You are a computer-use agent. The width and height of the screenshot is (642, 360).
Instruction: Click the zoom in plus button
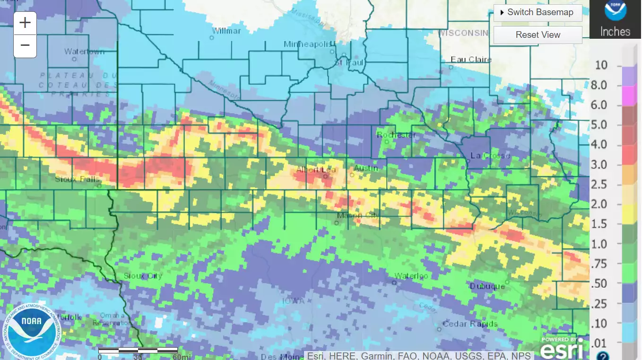click(x=25, y=23)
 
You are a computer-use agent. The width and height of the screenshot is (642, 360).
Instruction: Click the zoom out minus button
click(x=25, y=45)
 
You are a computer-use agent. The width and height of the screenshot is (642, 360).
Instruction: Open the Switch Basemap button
click(x=538, y=12)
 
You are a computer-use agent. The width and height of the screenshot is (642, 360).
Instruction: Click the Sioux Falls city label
click(x=77, y=179)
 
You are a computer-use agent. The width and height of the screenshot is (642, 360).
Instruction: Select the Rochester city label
click(x=396, y=135)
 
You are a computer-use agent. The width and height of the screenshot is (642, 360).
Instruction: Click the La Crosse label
click(x=490, y=155)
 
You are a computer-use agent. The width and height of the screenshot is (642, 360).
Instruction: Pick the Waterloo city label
click(x=411, y=276)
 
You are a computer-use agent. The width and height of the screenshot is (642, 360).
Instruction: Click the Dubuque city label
click(x=487, y=286)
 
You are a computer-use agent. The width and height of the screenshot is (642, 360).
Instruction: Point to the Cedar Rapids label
click(x=470, y=324)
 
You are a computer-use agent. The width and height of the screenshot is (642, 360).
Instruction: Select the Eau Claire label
click(x=471, y=60)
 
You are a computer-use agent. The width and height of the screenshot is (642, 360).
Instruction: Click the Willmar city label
click(x=226, y=31)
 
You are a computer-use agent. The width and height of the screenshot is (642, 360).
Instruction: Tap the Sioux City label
click(x=143, y=276)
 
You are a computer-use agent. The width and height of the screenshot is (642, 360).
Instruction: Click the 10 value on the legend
click(x=601, y=65)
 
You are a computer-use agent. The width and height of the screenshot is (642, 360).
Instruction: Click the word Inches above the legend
click(x=615, y=32)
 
